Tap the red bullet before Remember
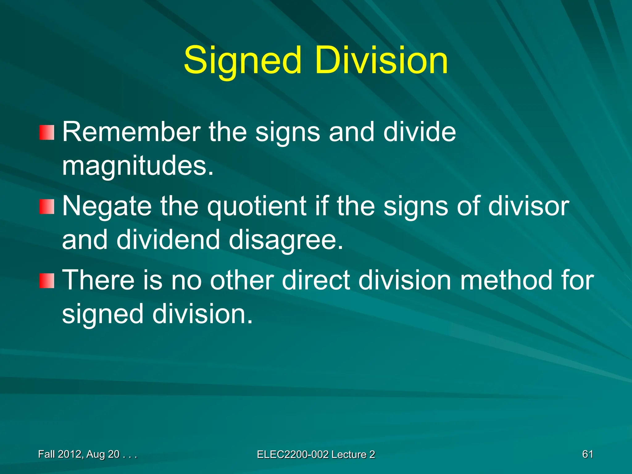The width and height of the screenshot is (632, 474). (47, 132)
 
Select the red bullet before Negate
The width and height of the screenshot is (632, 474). (47, 206)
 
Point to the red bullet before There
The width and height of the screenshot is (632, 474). (47, 281)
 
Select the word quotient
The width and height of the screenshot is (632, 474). (257, 207)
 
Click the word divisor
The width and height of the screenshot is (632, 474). (528, 206)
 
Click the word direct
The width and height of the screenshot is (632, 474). (316, 280)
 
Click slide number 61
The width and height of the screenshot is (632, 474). (588, 454)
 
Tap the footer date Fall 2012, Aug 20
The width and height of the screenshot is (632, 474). (87, 454)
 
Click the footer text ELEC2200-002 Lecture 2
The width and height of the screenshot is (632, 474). (316, 455)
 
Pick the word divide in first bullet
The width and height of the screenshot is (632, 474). (419, 132)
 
